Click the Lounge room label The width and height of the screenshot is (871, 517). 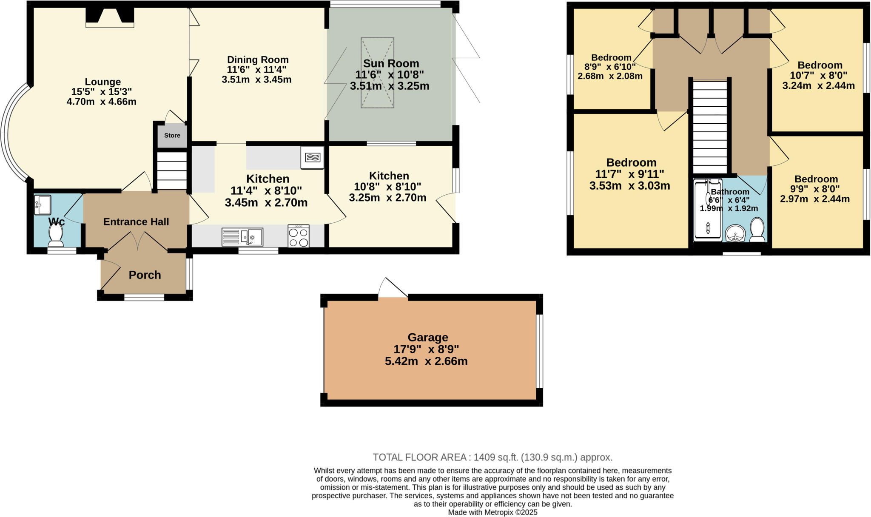point(102,82)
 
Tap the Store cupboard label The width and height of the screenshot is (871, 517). point(172,136)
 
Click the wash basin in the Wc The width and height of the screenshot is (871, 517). point(43,205)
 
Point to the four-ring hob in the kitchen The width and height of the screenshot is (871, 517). point(298,236)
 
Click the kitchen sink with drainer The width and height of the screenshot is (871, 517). point(242,237)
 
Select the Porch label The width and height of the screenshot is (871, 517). point(145,275)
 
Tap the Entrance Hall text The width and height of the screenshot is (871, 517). point(136,222)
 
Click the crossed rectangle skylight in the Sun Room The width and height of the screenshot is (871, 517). point(377,72)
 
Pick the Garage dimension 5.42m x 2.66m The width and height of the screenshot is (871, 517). point(426,361)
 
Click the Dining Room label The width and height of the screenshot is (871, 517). point(258,60)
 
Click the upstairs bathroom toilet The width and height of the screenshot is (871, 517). point(757,230)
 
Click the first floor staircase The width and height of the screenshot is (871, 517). point(710,128)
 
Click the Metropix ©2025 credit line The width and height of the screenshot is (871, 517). point(492,512)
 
